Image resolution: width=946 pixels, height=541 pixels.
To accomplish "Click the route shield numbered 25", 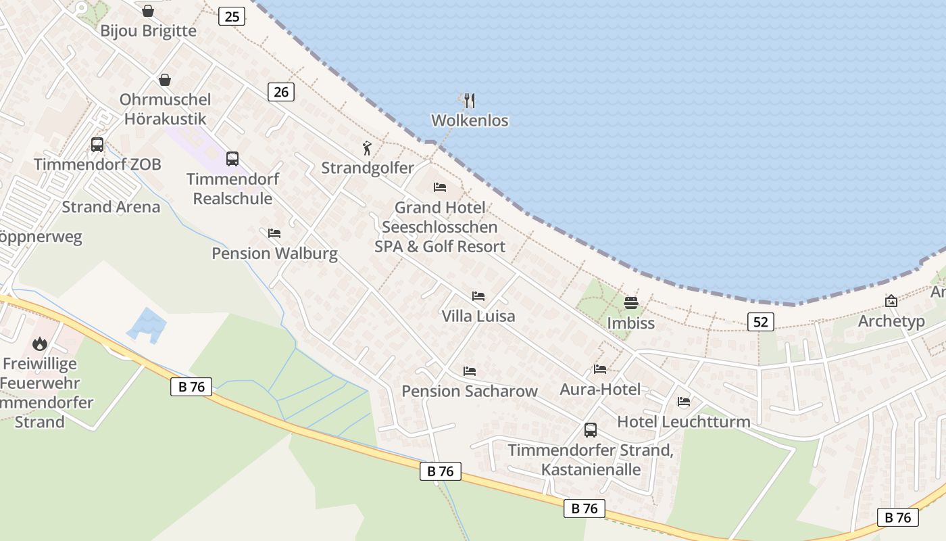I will coord(232,16).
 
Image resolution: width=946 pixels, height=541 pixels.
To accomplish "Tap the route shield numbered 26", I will coord(281,91).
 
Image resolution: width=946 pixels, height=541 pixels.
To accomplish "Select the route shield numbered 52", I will coord(761,321).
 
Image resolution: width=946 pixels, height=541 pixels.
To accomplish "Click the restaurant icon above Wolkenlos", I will coord(470,101).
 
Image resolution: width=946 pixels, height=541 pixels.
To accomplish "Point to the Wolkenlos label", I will coord(470,120).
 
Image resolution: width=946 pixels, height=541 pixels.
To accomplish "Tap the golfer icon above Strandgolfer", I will coord(367,148).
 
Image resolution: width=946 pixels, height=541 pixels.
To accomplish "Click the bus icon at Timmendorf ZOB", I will coord(97,144).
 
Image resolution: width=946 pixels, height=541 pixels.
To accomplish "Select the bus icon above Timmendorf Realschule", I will coord(232,159).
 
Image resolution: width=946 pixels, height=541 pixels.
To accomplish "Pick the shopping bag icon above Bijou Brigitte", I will coord(148,11).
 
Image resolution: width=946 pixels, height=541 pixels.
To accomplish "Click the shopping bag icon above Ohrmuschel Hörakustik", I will coord(165,80).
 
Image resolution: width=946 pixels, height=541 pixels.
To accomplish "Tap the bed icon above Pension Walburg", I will coord(274,233).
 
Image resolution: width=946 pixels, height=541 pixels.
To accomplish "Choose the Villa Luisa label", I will coord(478,316).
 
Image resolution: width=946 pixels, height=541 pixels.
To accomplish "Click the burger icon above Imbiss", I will coord(631,302).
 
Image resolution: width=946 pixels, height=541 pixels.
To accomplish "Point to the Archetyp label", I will coord(891,321).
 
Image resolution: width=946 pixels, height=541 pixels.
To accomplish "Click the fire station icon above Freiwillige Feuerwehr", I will coord(40,344).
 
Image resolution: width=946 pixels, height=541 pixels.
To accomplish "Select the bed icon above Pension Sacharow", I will coord(470,371).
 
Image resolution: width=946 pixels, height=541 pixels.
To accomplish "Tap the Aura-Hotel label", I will coord(600,389).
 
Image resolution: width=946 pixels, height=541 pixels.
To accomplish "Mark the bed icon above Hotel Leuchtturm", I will coord(684,402).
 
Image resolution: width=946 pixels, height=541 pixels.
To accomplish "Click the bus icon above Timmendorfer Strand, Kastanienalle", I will coord(591,430).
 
